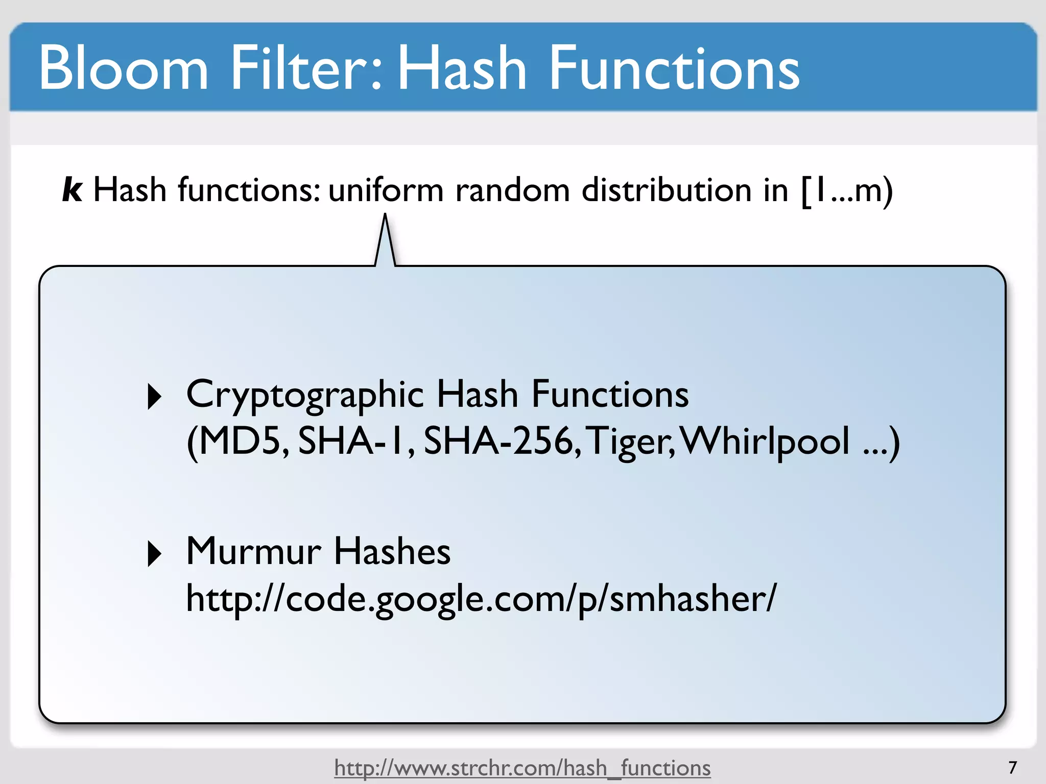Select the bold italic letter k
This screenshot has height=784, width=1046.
[x=72, y=190]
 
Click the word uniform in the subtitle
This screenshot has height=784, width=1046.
[x=386, y=190]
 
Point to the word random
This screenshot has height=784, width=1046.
[x=512, y=190]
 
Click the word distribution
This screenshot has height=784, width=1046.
[x=666, y=190]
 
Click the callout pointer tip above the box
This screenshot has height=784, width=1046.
[x=385, y=216]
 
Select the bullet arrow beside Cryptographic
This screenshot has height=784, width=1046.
[x=154, y=397]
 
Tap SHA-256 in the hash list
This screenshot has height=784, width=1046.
[x=500, y=441]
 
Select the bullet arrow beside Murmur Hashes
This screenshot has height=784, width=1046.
[x=154, y=554]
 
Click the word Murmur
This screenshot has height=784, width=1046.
[x=254, y=551]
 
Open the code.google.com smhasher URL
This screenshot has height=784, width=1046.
[x=481, y=598]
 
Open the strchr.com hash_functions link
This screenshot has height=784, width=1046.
[x=522, y=768]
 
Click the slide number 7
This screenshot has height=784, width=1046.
[x=1013, y=767]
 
